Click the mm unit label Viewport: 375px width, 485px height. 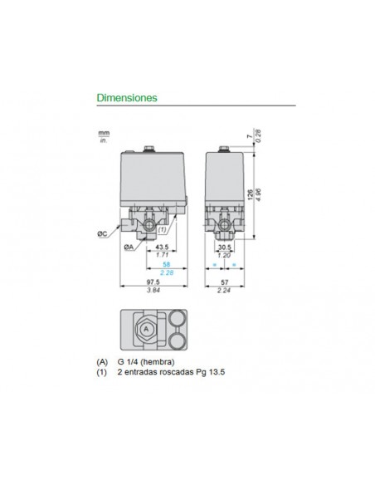coord(104,132)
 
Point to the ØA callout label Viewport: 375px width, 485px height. coord(129,247)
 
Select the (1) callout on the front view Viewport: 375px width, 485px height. coord(163,229)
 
